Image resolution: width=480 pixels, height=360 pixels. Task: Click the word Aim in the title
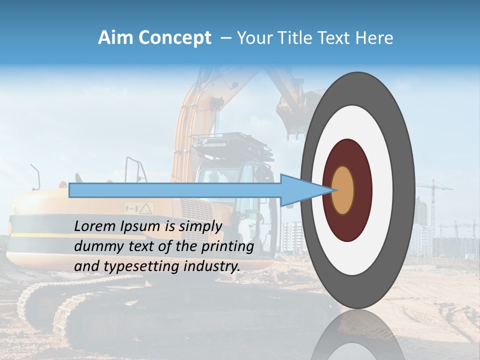coord(115,38)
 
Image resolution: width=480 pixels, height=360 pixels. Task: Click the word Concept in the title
coord(174,38)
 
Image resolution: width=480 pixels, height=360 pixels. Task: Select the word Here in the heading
coord(374,38)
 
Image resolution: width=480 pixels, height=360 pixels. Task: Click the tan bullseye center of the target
coord(343,190)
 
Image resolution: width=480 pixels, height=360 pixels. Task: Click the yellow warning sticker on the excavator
coord(145,207)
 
